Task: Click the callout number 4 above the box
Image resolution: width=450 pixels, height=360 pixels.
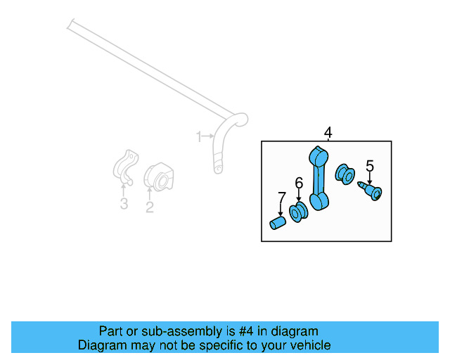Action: (x=327, y=132)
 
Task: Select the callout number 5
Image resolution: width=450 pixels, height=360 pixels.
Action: (x=370, y=167)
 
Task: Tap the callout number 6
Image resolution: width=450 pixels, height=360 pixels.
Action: (x=299, y=184)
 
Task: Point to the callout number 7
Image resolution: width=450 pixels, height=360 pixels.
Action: (x=281, y=198)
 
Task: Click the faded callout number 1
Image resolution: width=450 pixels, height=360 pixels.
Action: (x=199, y=135)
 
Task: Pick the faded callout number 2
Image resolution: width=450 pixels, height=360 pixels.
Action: (x=149, y=206)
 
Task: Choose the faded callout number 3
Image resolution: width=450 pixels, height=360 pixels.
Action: (x=124, y=204)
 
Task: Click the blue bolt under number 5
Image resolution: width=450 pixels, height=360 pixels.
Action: (x=371, y=191)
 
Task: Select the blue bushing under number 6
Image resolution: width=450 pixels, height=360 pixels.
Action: (x=298, y=212)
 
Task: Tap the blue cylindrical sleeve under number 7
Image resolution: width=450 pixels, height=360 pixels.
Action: (x=278, y=224)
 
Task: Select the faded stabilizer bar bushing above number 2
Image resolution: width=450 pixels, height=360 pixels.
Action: (x=159, y=176)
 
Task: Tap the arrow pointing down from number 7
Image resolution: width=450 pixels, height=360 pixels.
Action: (x=281, y=210)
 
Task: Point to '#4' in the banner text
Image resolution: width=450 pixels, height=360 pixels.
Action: (x=239, y=331)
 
